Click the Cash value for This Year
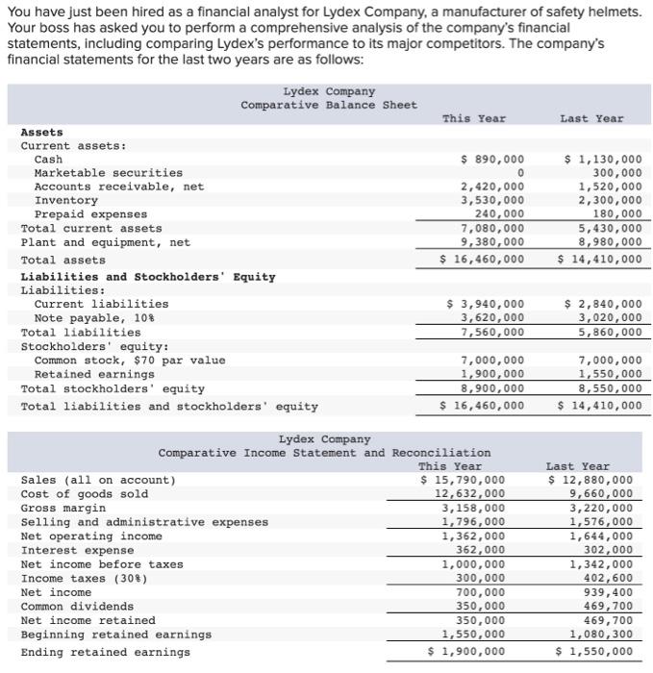pyautogui.click(x=493, y=159)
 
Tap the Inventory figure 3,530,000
pyautogui.click(x=493, y=200)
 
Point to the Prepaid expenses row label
pyautogui.click(x=90, y=213)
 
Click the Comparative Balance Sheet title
pyautogui.click(x=329, y=105)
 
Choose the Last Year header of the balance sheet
pyautogui.click(x=591, y=118)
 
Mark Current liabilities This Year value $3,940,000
pyautogui.click(x=487, y=304)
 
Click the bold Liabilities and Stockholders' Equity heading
pyautogui.click(x=148, y=277)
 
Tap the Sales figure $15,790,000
pyautogui.click(x=463, y=480)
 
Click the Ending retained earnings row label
pyautogui.click(x=105, y=652)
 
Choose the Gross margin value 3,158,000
pyautogui.click(x=473, y=508)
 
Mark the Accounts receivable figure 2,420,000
pyautogui.click(x=493, y=187)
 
